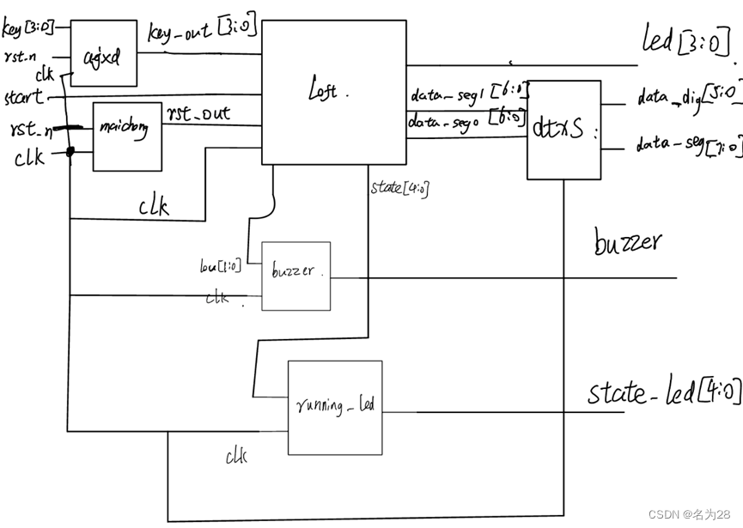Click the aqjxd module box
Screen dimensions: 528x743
coord(103,53)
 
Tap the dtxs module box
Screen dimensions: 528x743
coord(563,130)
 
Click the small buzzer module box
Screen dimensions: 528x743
coord(295,276)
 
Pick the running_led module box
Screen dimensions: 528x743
coord(335,407)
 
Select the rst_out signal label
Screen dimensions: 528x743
coord(198,113)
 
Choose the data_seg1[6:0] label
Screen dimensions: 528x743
coord(467,93)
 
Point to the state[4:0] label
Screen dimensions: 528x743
coord(399,187)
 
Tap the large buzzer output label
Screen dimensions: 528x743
coord(628,242)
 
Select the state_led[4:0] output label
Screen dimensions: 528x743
coord(663,393)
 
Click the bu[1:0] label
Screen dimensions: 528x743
coord(221,266)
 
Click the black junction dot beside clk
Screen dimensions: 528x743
coord(69,153)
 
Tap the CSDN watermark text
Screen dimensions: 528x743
coord(688,513)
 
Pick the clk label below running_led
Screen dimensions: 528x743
coord(236,457)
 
